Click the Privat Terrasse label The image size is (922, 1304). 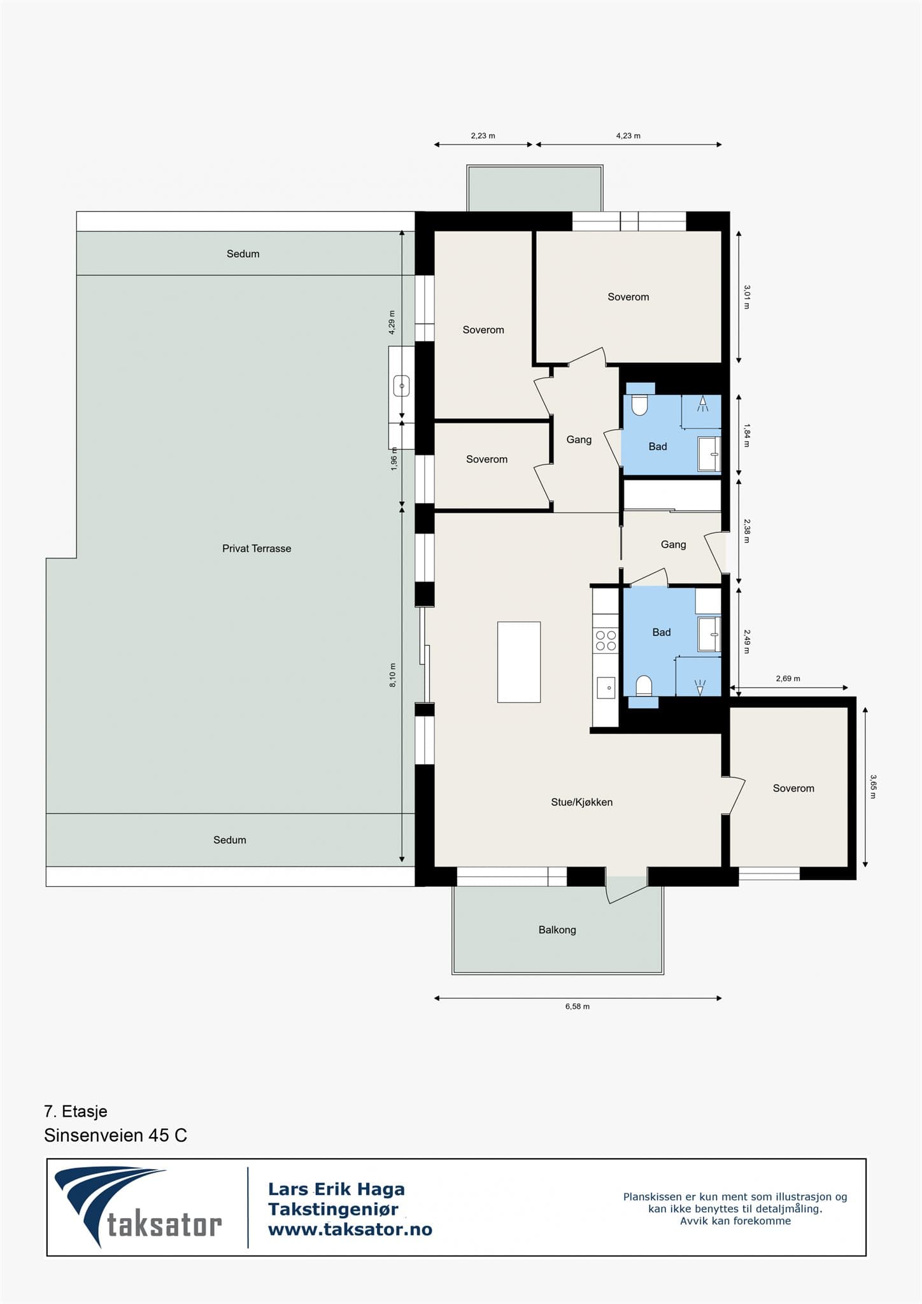pyautogui.click(x=257, y=548)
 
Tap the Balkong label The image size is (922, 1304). pyautogui.click(x=557, y=930)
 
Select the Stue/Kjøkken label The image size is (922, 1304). pyautogui.click(x=582, y=802)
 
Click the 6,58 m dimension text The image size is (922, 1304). pyautogui.click(x=578, y=1007)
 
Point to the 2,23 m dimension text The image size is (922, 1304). pyautogui.click(x=483, y=136)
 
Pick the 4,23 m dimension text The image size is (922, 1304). pyautogui.click(x=628, y=136)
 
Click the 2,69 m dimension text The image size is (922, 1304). pyautogui.click(x=788, y=679)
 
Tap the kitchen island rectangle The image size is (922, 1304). pyautogui.click(x=519, y=662)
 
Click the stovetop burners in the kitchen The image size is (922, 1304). pyautogui.click(x=606, y=641)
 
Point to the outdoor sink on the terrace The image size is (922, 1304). pyautogui.click(x=401, y=386)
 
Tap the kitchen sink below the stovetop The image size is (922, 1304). pyautogui.click(x=606, y=688)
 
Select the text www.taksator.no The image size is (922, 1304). pyautogui.click(x=350, y=1230)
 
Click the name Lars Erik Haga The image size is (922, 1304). pyautogui.click(x=336, y=1189)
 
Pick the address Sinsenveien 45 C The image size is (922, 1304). pyautogui.click(x=115, y=1135)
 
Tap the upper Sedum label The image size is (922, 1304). pyautogui.click(x=243, y=254)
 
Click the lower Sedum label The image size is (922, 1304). pyautogui.click(x=230, y=840)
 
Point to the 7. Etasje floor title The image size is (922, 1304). pyautogui.click(x=76, y=1112)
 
